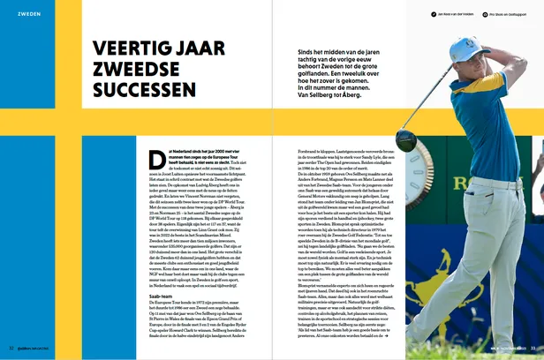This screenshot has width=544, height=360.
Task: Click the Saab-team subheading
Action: [x=155, y=296]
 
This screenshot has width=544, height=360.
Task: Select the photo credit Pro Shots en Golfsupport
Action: [x=506, y=15]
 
